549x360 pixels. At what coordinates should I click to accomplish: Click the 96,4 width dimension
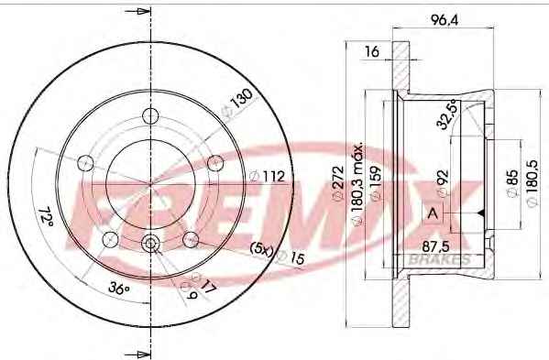pyautogui.click(x=445, y=20)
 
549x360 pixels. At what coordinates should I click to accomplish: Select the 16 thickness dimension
pyautogui.click(x=372, y=51)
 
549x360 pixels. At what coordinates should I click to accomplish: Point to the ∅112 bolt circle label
pyautogui.click(x=267, y=176)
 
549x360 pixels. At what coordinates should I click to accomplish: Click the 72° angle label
pyautogui.click(x=46, y=216)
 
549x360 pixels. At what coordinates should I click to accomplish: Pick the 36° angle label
pyautogui.click(x=119, y=289)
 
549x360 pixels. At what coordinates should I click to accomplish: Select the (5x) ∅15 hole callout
pyautogui.click(x=278, y=254)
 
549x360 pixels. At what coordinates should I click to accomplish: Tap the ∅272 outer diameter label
pyautogui.click(x=338, y=183)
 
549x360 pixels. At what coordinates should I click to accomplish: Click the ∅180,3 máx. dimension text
pyautogui.click(x=357, y=184)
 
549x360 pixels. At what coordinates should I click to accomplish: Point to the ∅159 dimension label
pyautogui.click(x=376, y=183)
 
